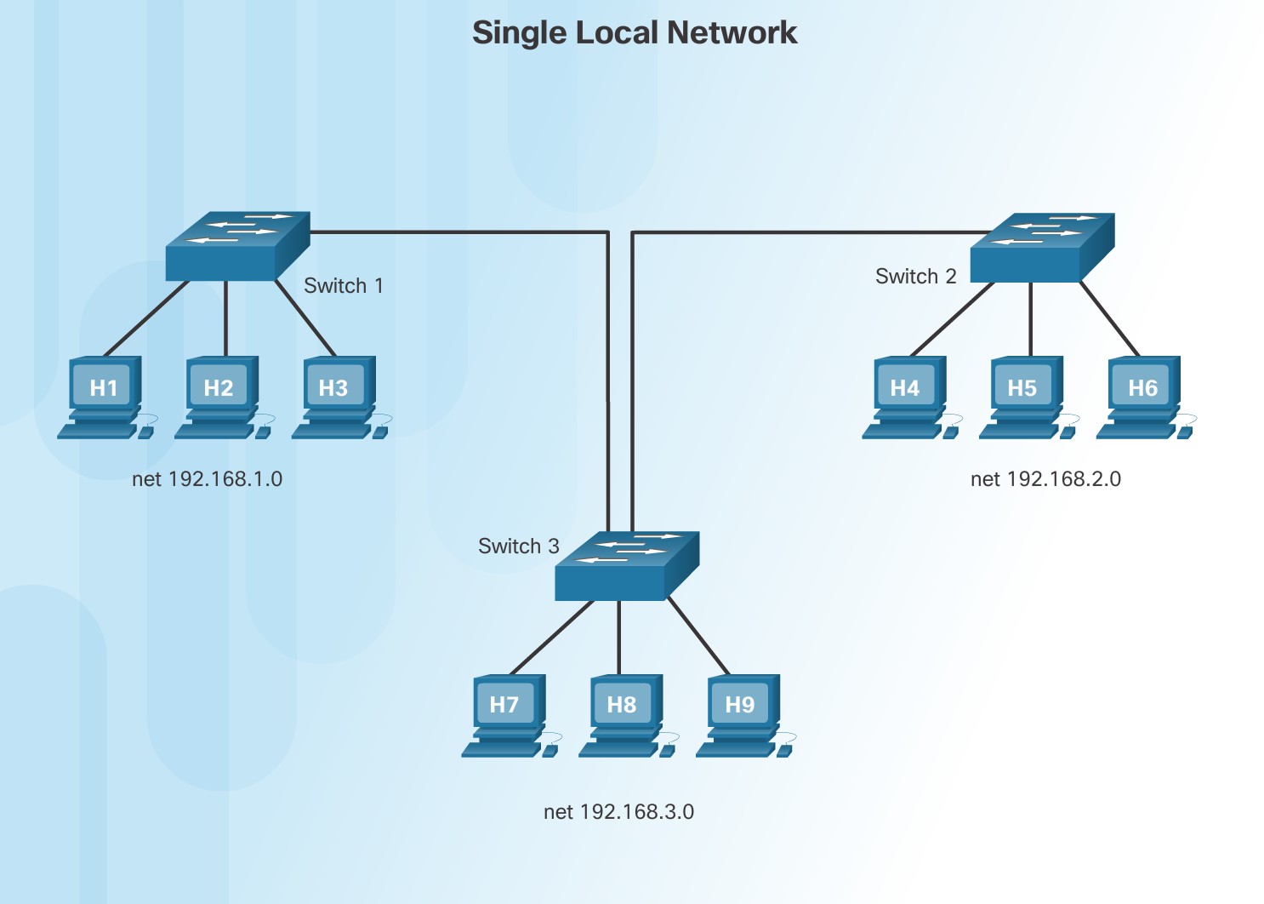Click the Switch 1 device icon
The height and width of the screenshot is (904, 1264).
[236, 246]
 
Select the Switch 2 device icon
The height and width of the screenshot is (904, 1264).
[1041, 248]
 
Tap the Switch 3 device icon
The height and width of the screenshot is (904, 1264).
[626, 566]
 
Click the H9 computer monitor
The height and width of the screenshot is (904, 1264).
[739, 704]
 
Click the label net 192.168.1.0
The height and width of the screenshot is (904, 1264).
[207, 479]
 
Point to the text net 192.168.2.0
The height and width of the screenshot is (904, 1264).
[1045, 479]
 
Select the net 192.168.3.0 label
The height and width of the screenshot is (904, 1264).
[618, 812]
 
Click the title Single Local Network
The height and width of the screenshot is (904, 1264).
[634, 33]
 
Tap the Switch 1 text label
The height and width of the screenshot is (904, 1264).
[343, 286]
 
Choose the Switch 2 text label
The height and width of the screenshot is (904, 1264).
[915, 277]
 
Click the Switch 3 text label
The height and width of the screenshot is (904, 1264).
[518, 546]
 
